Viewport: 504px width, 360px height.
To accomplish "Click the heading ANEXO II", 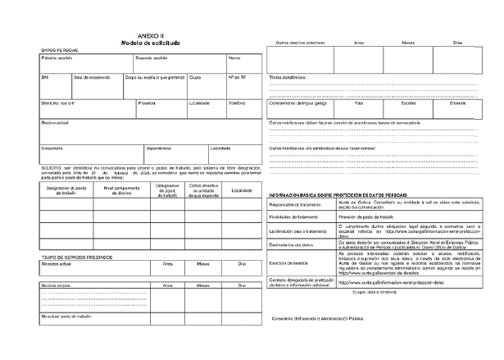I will click(x=150, y=36).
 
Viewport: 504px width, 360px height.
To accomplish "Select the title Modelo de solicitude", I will click(x=150, y=43).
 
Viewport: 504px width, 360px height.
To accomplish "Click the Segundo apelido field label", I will click(x=151, y=58).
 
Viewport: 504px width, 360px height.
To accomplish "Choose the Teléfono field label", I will click(x=237, y=103).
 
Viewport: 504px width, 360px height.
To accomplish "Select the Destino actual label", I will click(x=54, y=122).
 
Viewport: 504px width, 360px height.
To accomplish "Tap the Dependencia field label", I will click(x=158, y=148).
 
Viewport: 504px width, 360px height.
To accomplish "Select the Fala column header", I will click(x=359, y=103).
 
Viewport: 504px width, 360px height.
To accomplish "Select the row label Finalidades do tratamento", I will click(x=297, y=216).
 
